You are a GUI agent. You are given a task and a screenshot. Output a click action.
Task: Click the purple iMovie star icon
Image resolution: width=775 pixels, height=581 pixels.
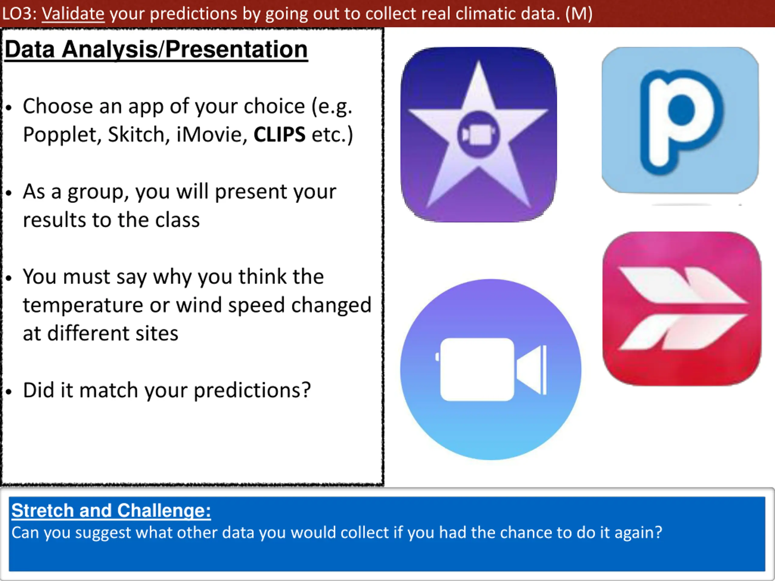479,134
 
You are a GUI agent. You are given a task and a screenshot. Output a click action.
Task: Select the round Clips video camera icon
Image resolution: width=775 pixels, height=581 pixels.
491,369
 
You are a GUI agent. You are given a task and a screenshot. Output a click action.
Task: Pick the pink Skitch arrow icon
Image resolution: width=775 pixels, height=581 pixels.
682,309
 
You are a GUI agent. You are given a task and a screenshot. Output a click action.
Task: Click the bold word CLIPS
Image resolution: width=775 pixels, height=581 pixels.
279,134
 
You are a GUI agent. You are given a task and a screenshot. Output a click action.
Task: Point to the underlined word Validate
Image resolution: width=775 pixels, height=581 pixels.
73,14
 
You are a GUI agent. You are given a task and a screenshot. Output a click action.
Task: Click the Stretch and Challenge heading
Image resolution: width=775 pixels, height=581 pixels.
111,510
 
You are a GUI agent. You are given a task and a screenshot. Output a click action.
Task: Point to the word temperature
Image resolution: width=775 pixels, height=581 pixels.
83,305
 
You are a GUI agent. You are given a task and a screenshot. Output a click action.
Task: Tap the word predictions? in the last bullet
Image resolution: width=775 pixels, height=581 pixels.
252,390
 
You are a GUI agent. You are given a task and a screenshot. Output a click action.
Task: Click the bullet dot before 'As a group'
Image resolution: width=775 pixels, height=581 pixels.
9,193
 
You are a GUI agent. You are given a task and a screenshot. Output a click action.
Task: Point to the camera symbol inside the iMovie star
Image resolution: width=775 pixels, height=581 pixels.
479,134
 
